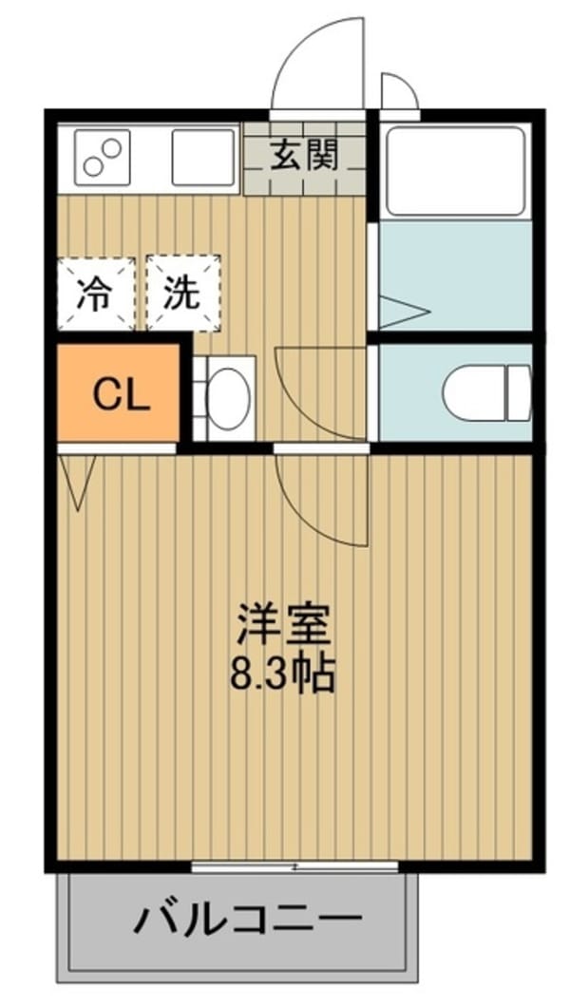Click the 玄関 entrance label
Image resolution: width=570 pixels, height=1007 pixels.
tap(304, 156)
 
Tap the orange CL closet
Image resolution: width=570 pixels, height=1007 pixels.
tap(118, 393)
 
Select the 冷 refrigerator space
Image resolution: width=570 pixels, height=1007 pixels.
tap(96, 294)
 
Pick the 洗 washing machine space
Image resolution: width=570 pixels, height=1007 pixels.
tap(183, 294)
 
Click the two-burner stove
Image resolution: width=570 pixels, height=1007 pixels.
tap(103, 158)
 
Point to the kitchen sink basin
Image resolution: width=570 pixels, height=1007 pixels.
tap(203, 158)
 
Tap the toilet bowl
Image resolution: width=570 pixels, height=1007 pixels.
tap(475, 393)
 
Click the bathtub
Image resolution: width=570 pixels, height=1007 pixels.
tap(455, 170)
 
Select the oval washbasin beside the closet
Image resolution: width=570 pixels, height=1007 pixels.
tap(230, 399)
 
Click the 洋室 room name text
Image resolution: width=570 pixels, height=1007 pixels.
tap(283, 623)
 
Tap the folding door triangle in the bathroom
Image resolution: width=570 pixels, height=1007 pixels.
tap(403, 313)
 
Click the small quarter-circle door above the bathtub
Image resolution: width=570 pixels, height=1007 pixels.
tap(400, 90)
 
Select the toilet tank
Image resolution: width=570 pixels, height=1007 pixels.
tap(520, 393)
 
